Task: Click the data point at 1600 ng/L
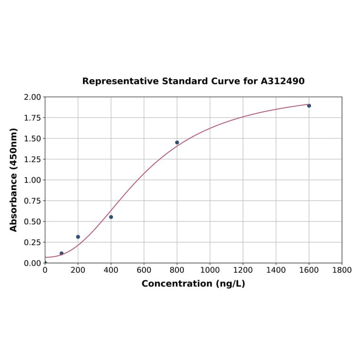pos(309,106)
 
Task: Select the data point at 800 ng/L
pos(177,142)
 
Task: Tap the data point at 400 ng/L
pos(111,217)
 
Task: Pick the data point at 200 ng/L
pos(78,237)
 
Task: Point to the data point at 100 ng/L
pos(62,253)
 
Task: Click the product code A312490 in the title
pos(283,81)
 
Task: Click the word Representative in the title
pos(121,81)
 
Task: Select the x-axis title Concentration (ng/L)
pos(193,284)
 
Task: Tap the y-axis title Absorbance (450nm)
pos(14,180)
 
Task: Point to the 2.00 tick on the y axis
pos(33,97)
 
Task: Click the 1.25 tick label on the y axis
pos(33,159)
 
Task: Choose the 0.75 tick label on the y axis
pos(33,201)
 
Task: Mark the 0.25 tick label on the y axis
pos(33,242)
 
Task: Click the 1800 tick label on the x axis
pos(342,270)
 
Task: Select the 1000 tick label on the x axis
pos(210,270)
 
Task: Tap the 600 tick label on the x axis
pos(144,270)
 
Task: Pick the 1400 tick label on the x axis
pos(276,270)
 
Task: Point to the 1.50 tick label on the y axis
pos(33,139)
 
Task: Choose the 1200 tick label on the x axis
pos(243,270)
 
